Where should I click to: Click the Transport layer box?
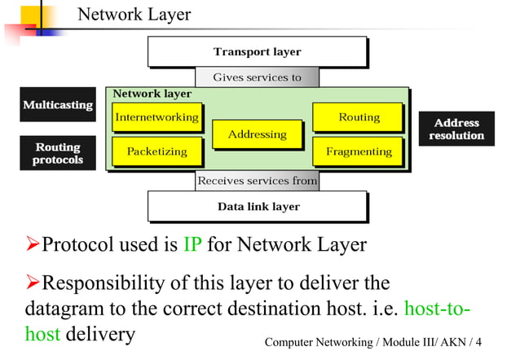click(x=257, y=52)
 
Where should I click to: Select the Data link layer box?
click(x=258, y=207)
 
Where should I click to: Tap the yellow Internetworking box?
click(x=156, y=117)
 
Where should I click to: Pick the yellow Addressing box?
click(x=257, y=134)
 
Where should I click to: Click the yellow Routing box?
click(x=359, y=117)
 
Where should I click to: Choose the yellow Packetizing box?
click(x=156, y=151)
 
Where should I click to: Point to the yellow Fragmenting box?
click(x=359, y=151)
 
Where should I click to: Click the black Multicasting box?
click(x=57, y=106)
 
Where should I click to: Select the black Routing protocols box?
click(x=57, y=153)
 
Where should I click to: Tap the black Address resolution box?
click(x=456, y=129)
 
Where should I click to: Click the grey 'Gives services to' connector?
click(x=257, y=78)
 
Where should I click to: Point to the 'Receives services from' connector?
click(x=257, y=181)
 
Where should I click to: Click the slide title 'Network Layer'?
click(x=134, y=15)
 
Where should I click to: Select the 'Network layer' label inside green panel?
click(x=152, y=94)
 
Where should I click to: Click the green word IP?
click(x=192, y=244)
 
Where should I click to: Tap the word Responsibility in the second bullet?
click(x=100, y=283)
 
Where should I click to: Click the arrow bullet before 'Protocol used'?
click(x=33, y=244)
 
